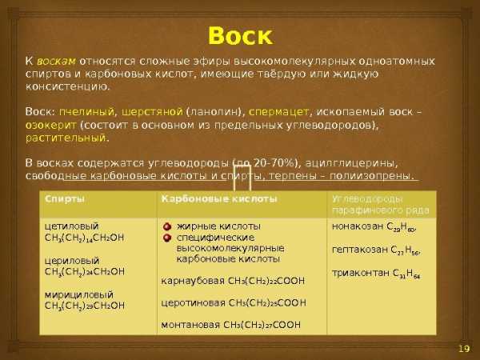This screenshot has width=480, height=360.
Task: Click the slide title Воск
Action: (240, 36)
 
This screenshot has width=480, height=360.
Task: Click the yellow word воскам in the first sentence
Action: (56, 62)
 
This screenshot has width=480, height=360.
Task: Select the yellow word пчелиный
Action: (87, 112)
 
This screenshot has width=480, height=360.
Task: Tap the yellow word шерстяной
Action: (152, 112)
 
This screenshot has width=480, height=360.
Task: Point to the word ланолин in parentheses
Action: (214, 112)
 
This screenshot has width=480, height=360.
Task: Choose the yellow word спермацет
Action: (278, 112)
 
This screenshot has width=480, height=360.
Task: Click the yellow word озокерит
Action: (51, 126)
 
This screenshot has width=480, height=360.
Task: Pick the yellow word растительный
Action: (66, 138)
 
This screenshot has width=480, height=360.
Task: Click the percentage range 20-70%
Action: (274, 163)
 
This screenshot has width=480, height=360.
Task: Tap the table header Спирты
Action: (65, 199)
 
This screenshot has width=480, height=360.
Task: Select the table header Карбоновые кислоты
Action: (219, 199)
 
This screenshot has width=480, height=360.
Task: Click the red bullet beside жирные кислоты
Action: (167, 227)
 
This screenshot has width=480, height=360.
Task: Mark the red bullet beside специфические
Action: (167, 238)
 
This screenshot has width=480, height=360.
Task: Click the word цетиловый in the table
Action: (72, 226)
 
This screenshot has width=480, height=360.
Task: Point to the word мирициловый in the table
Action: (79, 295)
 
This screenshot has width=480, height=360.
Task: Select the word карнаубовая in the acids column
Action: (193, 281)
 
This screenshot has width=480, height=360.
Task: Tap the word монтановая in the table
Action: (190, 325)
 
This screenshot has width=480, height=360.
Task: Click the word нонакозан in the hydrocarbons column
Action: (358, 226)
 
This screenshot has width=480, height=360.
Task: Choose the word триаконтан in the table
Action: (361, 273)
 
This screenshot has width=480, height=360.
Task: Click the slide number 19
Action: (464, 349)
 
